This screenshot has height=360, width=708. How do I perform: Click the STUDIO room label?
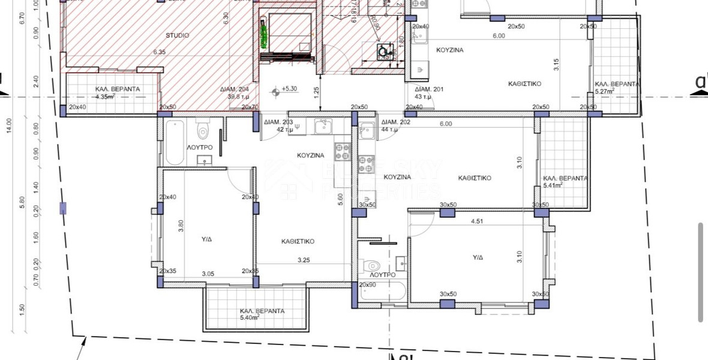177,35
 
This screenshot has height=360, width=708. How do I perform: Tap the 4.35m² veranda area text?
109,96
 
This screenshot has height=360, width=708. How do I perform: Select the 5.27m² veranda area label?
608,92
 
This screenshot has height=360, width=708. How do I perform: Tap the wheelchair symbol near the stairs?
382,52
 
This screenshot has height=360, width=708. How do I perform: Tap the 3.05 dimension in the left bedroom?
208,274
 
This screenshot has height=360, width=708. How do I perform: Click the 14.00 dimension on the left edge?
8,124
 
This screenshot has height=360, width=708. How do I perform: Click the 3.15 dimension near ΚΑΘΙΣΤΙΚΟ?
556,65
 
